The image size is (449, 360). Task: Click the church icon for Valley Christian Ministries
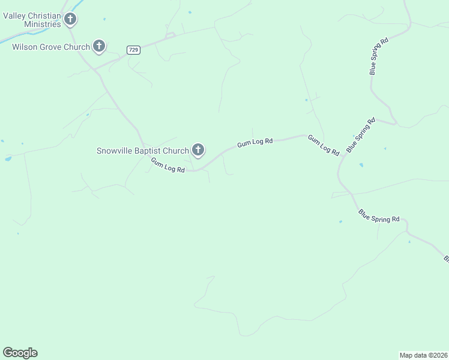pos(71,20)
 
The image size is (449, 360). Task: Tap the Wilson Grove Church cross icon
pos(100,46)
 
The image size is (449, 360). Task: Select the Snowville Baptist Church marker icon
pos(198,150)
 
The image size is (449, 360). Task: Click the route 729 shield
pos(134,50)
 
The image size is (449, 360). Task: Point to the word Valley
pos(15,16)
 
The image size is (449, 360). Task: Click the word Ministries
pos(41,24)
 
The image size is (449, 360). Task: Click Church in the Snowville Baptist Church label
pos(176,151)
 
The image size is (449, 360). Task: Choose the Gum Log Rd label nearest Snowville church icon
pos(167,166)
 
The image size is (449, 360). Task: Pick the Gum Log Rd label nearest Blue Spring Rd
pos(324,146)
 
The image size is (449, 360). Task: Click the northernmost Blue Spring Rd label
pos(379,56)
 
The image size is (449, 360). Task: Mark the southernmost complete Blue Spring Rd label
pos(379,216)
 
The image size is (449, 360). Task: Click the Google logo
pos(20,353)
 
